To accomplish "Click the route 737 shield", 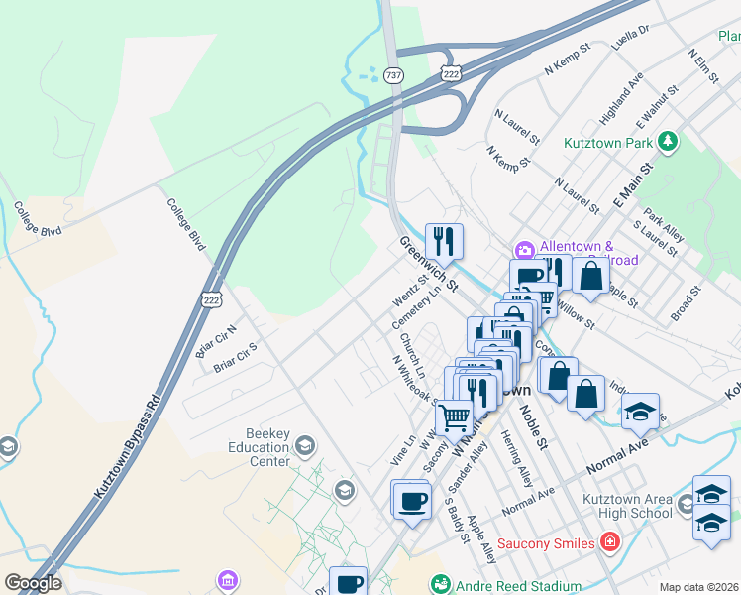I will click(394, 75).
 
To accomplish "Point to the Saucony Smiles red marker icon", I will click(610, 542).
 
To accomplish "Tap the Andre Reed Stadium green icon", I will click(440, 586).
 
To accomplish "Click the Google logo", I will click(33, 583).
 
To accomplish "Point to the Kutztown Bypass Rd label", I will click(126, 455).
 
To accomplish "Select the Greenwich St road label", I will click(429, 264).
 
